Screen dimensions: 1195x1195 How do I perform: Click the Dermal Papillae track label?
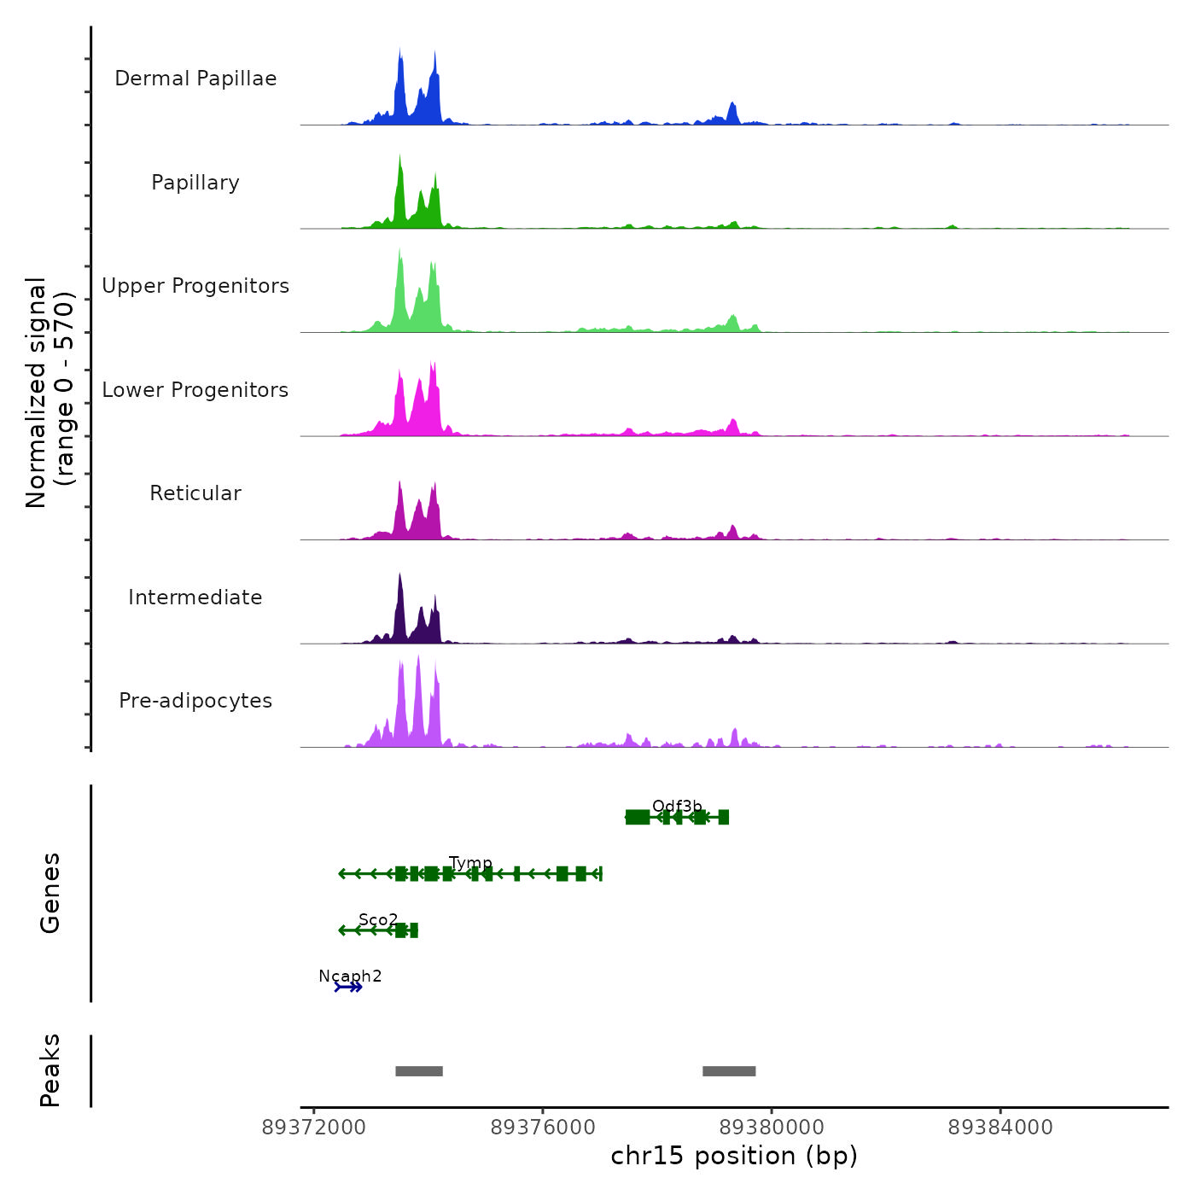[x=195, y=79]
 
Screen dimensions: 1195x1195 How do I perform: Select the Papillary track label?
[x=195, y=183]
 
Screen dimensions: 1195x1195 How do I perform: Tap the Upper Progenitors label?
[x=195, y=286]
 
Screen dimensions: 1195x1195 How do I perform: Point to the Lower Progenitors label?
[x=195, y=390]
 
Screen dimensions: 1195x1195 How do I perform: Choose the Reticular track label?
[x=195, y=493]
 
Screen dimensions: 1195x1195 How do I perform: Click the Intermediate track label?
[x=195, y=597]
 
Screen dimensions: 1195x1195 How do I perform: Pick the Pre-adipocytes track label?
[x=195, y=701]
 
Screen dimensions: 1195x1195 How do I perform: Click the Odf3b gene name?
[x=677, y=807]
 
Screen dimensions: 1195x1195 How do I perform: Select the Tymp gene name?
[x=470, y=863]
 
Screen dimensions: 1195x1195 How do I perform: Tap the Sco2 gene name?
[x=378, y=920]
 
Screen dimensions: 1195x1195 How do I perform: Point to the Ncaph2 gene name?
[x=350, y=976]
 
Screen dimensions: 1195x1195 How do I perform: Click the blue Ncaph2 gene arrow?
[x=348, y=988]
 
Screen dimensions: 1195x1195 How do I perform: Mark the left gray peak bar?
[x=419, y=1071]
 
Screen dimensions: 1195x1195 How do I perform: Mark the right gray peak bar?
[x=729, y=1071]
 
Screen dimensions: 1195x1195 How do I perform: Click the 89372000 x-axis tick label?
[x=314, y=1128]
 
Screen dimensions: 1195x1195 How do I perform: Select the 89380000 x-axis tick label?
[x=772, y=1128]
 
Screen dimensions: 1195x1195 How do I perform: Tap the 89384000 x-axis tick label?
[x=1000, y=1128]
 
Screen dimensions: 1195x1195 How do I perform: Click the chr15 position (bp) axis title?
[x=734, y=1157]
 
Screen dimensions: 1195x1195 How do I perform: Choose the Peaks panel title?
[x=50, y=1070]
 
